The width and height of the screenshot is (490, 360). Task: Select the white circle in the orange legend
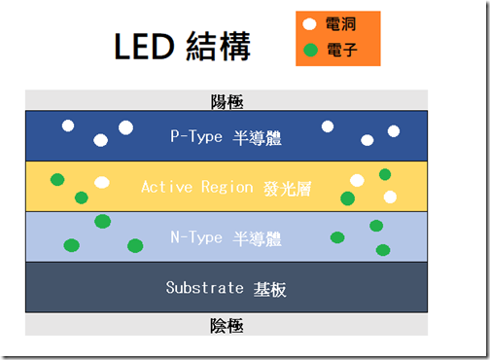[309, 24]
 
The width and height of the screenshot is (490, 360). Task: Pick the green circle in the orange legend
[309, 49]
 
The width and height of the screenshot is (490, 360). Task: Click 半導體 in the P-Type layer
[257, 137]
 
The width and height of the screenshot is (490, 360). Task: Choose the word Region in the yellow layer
[228, 187]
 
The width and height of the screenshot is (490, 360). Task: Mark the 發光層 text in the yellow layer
[287, 187]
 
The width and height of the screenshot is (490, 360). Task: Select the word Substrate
[205, 288]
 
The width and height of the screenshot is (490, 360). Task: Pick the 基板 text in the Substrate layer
[271, 289]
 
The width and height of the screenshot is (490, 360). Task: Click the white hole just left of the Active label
[102, 182]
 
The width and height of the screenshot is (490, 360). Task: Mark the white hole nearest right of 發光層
[357, 180]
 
